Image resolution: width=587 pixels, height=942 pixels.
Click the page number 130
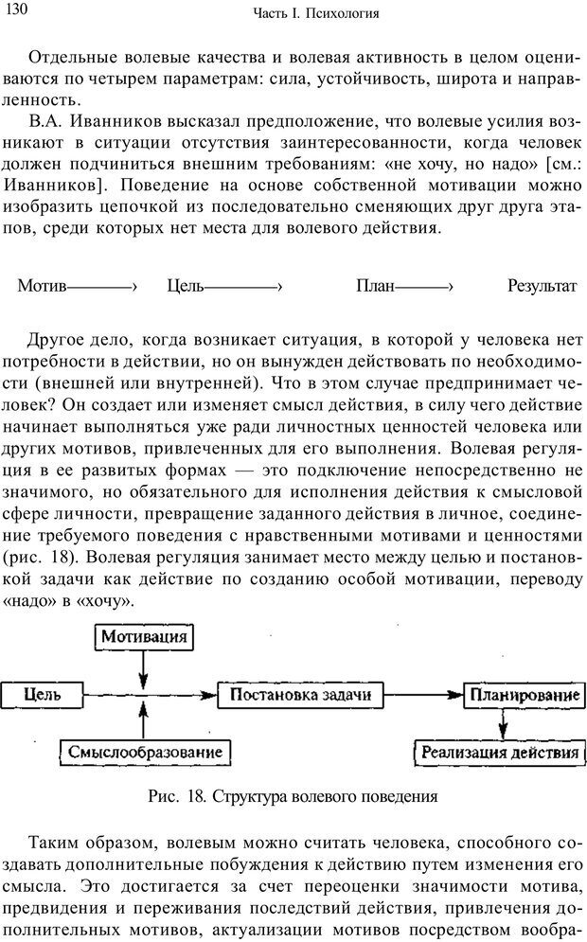(18, 10)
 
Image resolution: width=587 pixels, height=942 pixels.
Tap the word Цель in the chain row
(185, 286)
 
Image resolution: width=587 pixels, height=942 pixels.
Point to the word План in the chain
(376, 286)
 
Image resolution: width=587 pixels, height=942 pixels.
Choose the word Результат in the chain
(542, 286)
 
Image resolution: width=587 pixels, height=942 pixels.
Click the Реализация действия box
(501, 754)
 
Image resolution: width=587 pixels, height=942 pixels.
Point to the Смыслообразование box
(145, 754)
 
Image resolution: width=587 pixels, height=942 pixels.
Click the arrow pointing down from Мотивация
(143, 670)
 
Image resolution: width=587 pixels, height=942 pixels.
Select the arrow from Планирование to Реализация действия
(503, 724)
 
